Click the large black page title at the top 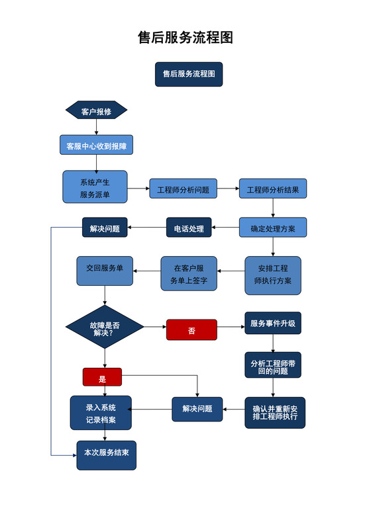(x=185, y=37)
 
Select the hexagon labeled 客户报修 (x=96, y=111)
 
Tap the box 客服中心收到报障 (x=96, y=146)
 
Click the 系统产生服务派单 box (x=95, y=187)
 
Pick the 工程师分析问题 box (x=183, y=189)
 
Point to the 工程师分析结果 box (x=272, y=189)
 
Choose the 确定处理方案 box (x=272, y=228)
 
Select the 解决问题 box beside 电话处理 (x=105, y=228)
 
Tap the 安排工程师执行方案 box (x=272, y=275)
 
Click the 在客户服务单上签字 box (x=189, y=274)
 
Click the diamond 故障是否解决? (x=105, y=327)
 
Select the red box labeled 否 (x=191, y=329)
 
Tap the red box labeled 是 (x=102, y=378)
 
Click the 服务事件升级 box (x=272, y=324)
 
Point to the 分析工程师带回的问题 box (x=272, y=366)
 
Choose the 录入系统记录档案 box (x=101, y=413)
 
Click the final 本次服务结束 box (x=106, y=455)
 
